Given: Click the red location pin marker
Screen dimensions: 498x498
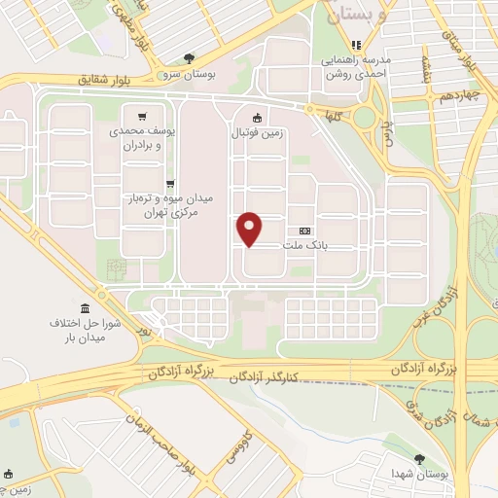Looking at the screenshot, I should [251, 229].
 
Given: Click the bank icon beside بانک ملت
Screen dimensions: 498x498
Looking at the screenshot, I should [305, 231].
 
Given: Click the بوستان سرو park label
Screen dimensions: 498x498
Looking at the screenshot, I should [189, 73].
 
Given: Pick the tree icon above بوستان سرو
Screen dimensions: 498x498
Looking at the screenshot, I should [189, 57].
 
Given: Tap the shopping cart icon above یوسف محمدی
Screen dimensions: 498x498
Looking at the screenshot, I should [143, 114].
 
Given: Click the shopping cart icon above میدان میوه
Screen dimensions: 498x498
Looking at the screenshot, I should [170, 182].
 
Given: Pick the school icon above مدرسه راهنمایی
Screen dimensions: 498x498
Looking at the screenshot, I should [356, 44].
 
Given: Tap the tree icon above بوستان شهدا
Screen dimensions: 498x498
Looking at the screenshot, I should [419, 457].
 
